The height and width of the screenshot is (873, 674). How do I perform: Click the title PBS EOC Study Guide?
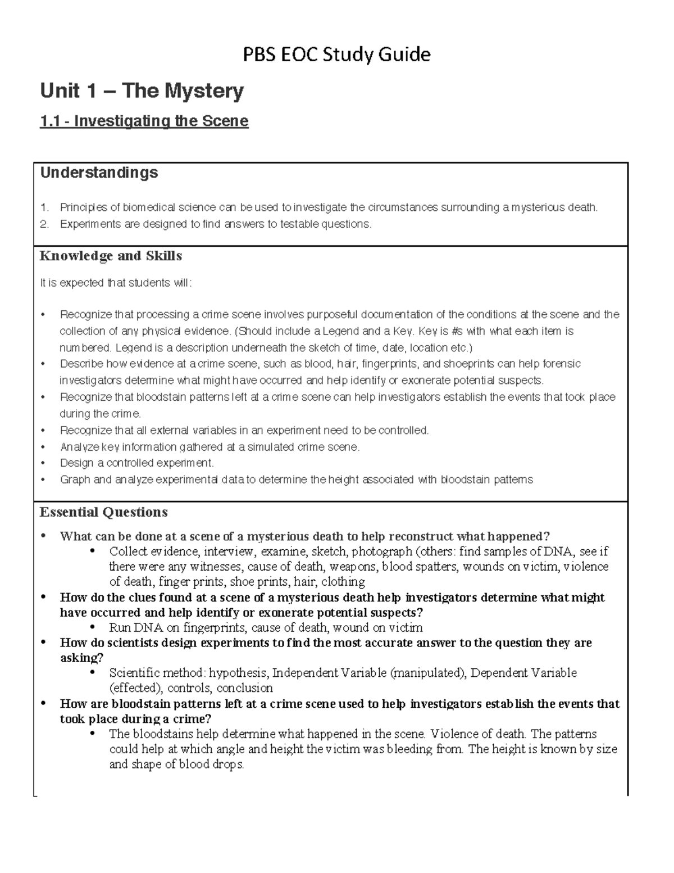(x=336, y=55)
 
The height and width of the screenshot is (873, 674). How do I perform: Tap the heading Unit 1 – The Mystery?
(x=142, y=91)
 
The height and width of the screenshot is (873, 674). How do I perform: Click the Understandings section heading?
(x=99, y=173)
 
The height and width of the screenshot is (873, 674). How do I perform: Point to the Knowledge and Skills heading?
(x=111, y=256)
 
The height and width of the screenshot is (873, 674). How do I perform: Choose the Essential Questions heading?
(x=103, y=512)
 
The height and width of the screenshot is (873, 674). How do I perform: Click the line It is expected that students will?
(x=116, y=283)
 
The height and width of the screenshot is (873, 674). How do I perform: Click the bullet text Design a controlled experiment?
(x=137, y=463)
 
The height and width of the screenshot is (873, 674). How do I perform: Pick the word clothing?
(x=343, y=582)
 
